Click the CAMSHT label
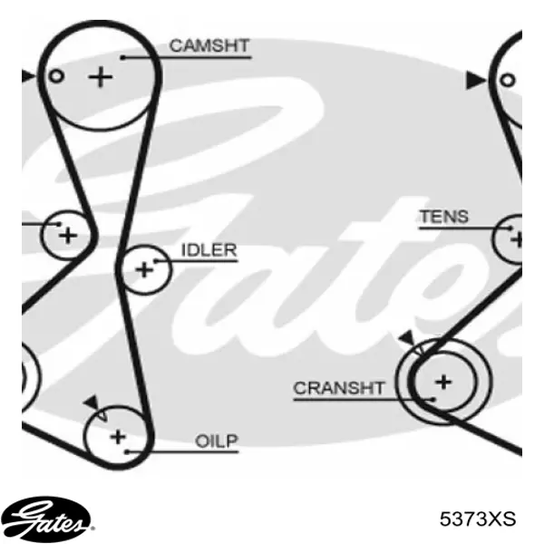tap(209, 46)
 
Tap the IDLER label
tap(209, 250)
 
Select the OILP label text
tap(217, 442)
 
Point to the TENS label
tap(444, 217)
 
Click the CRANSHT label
tap(339, 388)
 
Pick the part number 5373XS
tap(478, 520)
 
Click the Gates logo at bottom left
tap(45, 520)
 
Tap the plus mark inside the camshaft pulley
tap(101, 77)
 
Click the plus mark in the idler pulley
tap(144, 269)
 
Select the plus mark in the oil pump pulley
tap(118, 437)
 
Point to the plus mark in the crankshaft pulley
tap(443, 382)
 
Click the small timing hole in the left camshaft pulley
tap(56, 76)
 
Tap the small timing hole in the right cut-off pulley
tap(507, 81)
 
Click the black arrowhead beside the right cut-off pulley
tap(475, 81)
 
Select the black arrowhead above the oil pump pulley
tap(92, 403)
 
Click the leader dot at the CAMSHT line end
tap(122, 58)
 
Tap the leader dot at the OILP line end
tap(127, 452)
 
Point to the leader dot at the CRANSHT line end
tap(433, 400)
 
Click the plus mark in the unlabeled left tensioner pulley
tap(68, 236)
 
